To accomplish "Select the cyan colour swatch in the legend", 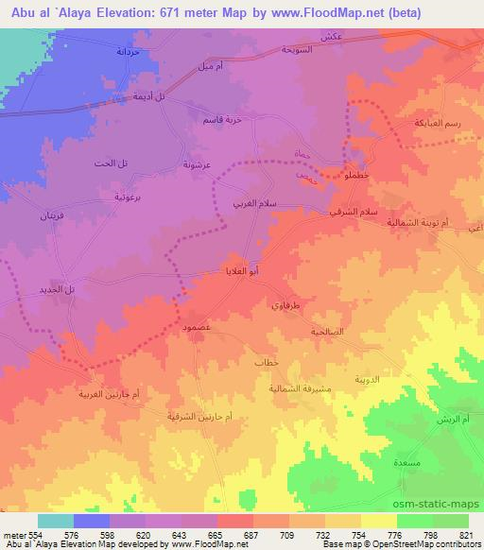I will tap(55, 521).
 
